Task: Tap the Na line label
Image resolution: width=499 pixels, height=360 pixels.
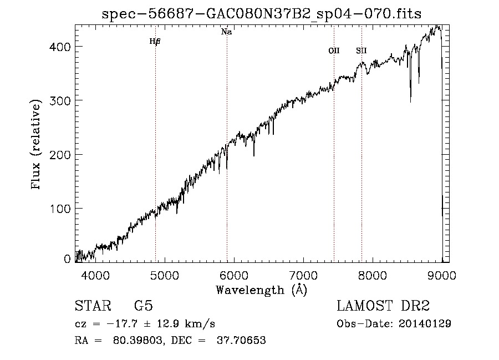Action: [x=226, y=32]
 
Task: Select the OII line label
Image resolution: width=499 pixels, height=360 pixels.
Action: [x=334, y=50]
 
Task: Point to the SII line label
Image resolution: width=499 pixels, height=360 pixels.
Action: [x=361, y=50]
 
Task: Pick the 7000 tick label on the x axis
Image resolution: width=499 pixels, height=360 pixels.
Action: [x=303, y=275]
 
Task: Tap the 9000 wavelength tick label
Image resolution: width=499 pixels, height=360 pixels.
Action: [x=442, y=275]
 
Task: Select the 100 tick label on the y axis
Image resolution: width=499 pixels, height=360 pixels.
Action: [x=60, y=209]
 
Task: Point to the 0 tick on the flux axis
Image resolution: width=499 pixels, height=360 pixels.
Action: [x=67, y=259]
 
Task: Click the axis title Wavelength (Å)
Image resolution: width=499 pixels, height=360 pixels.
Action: [x=261, y=290]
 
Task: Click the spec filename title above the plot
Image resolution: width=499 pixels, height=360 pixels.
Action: [x=262, y=14]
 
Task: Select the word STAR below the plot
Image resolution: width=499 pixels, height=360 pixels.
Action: [x=93, y=306]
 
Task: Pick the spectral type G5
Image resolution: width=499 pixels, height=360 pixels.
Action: [x=143, y=306]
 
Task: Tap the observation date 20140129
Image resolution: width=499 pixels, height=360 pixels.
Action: [x=424, y=323]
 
